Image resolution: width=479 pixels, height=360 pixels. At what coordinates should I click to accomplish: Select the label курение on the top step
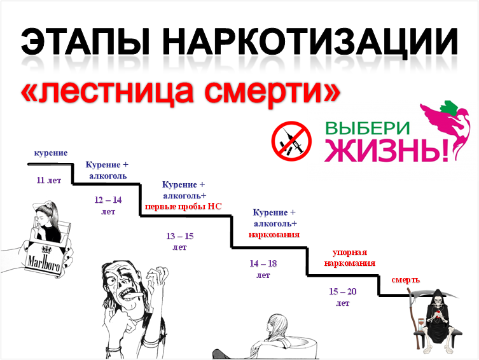pos(51,153)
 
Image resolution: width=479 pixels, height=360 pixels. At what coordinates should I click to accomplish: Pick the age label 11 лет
pos(49,180)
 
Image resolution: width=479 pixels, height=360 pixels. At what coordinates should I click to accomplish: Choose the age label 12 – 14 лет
pos(108,205)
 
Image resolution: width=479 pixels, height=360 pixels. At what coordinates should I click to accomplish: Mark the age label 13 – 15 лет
pos(180,241)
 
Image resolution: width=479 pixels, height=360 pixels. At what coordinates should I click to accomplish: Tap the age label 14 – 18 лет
pos(263,268)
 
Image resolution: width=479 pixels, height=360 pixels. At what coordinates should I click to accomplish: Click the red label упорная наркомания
pos(349,257)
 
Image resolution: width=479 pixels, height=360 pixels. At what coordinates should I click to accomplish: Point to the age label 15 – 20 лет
pos(343,296)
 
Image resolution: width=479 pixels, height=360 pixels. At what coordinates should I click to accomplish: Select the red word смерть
pos(405,280)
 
